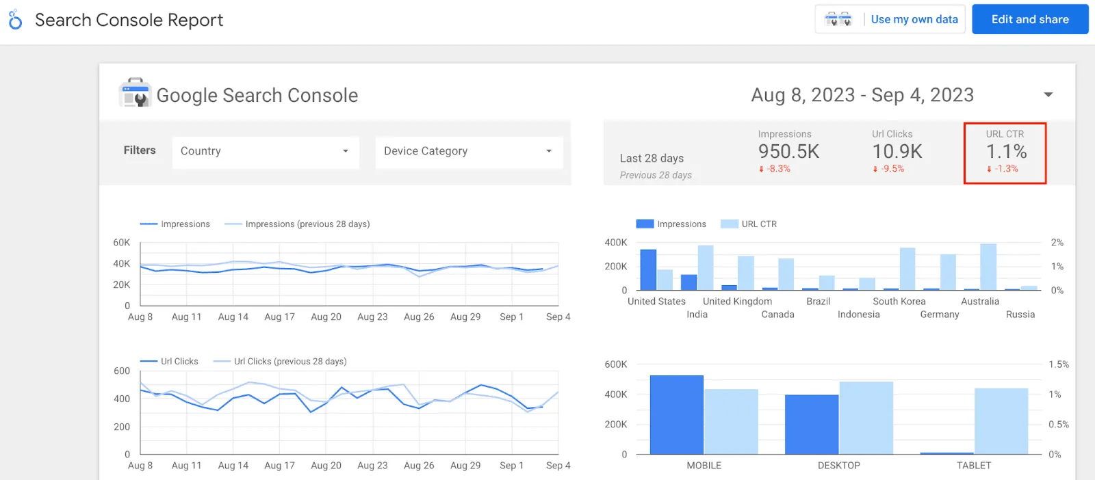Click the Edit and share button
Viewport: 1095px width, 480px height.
point(1029,19)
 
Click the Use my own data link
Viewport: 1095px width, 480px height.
point(914,19)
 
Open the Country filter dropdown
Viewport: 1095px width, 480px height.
point(266,151)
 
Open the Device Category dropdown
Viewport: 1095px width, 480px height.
point(469,151)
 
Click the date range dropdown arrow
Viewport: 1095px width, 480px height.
point(1048,95)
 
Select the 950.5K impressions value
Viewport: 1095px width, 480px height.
point(788,151)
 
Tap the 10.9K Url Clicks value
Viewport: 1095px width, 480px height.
point(897,151)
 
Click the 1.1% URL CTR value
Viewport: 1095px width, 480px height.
point(1006,151)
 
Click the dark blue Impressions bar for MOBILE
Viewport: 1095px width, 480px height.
point(676,414)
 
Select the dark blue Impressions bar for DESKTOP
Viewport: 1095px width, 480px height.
point(811,424)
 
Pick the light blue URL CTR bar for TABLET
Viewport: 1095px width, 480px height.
point(1001,421)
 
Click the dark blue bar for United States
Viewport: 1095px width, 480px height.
point(648,270)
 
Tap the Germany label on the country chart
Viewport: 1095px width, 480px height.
point(939,315)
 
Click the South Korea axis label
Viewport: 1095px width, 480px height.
point(899,302)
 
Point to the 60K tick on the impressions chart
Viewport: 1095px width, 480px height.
point(121,243)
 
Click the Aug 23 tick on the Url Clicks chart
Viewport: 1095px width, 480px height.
point(372,466)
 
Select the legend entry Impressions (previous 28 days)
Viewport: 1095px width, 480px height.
point(307,224)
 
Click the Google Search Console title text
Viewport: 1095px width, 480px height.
point(257,95)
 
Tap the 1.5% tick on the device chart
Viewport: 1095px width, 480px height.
point(1058,364)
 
